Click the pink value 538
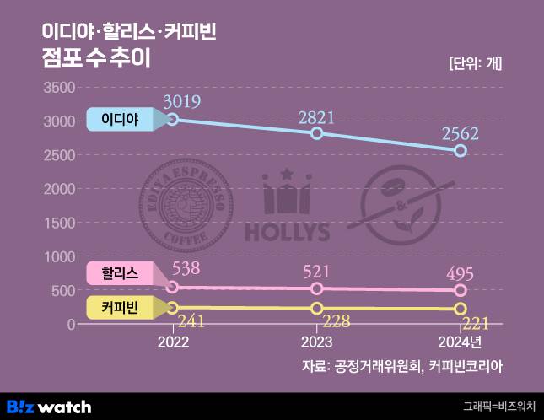186,270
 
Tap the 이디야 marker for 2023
316,133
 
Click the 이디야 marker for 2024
461,151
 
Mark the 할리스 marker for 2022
172,287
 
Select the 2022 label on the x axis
173,343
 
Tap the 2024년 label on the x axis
460,343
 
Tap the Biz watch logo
50,406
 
